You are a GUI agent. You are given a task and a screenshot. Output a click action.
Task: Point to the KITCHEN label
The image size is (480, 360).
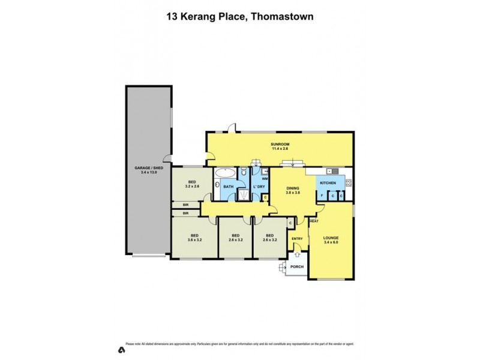pos(328,182)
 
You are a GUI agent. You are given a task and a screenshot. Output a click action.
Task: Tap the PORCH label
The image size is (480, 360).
pos(296,268)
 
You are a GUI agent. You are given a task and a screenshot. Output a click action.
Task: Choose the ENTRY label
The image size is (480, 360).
pos(298,239)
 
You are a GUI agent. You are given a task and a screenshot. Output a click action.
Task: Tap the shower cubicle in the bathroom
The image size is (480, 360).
pos(244,195)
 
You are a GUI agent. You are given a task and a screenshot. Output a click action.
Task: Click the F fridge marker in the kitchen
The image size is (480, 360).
pos(323,196)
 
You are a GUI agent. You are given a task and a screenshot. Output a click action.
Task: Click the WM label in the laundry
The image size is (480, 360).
pos(265,178)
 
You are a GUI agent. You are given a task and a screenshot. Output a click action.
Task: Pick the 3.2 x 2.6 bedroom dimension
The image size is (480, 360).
pos(193,186)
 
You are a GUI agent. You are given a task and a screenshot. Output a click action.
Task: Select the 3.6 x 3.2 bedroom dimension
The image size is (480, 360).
pos(194,239)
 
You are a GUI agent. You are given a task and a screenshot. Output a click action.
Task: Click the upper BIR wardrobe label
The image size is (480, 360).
pos(185,205)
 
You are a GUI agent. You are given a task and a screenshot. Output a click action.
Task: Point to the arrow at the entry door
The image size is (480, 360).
pos(297,255)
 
